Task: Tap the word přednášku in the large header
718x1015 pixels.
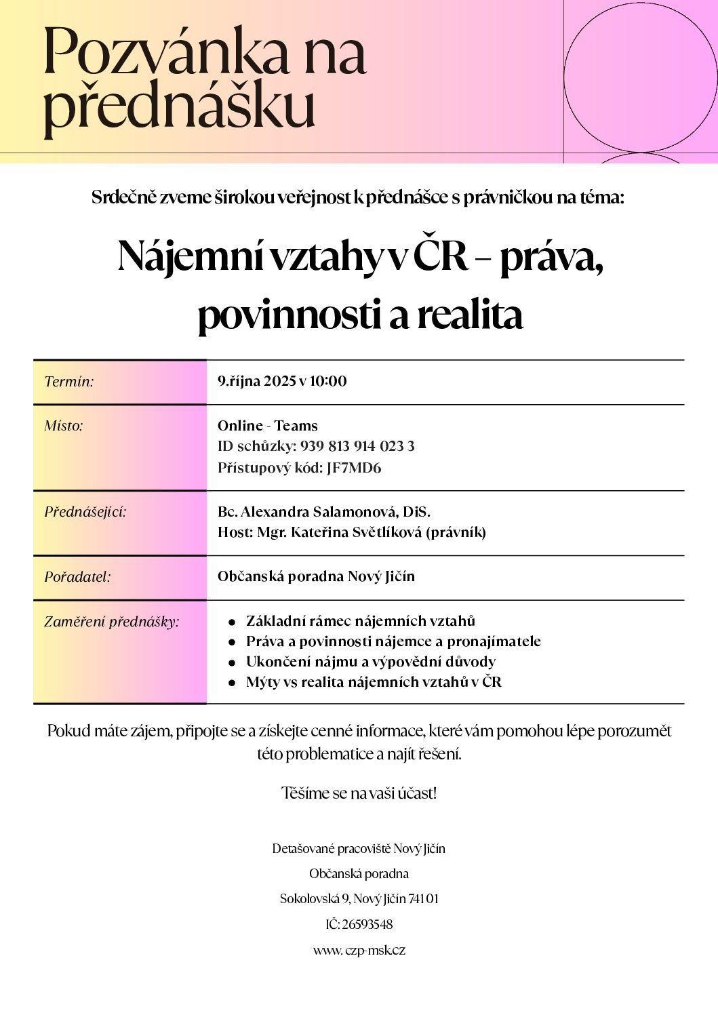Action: (179, 107)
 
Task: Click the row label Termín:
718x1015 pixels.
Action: (69, 382)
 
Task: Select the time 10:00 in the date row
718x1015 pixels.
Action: (328, 381)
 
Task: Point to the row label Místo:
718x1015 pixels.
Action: (64, 426)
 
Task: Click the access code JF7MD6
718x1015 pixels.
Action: (354, 468)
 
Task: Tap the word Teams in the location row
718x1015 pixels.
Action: (296, 426)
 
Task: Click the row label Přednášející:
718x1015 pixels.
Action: (85, 512)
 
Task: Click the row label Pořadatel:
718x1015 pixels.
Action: (77, 577)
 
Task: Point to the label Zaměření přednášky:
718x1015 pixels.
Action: (112, 622)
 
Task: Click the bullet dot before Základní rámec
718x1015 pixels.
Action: (232, 622)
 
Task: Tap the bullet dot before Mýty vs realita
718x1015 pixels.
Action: (232, 683)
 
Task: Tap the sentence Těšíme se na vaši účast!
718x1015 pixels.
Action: (359, 793)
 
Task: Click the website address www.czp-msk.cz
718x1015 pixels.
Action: (359, 950)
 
